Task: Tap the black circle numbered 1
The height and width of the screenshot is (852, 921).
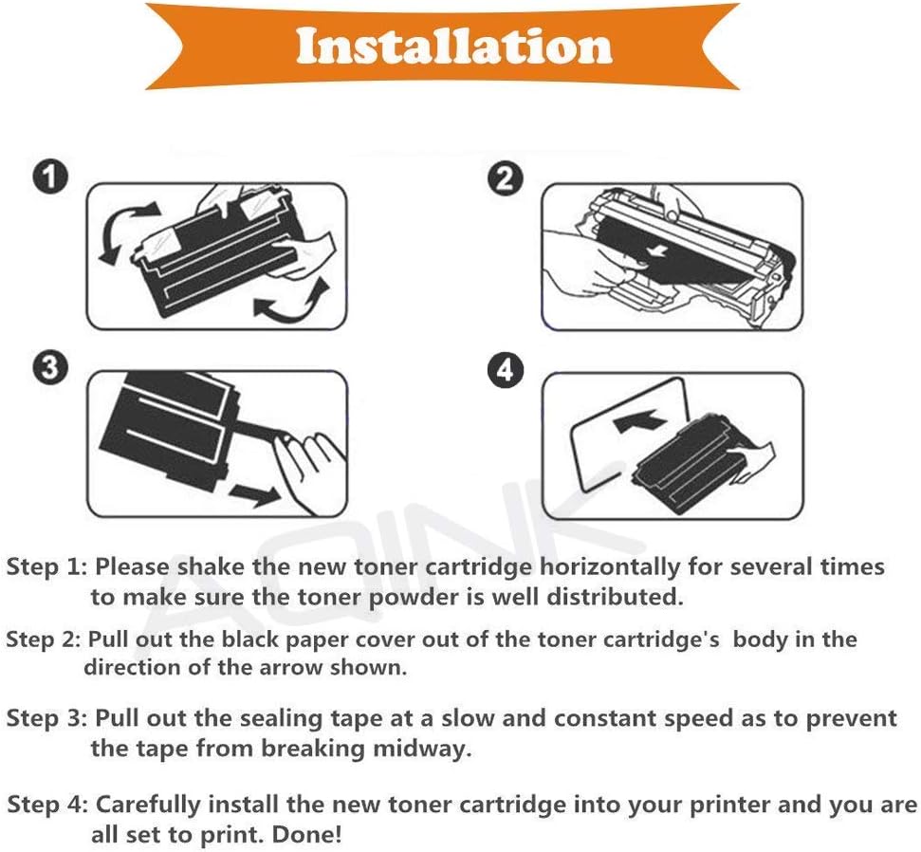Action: [50, 176]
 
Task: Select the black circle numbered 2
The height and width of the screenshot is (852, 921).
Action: [506, 178]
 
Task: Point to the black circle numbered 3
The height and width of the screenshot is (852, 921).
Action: [50, 368]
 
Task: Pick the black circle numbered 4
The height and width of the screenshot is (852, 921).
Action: [506, 371]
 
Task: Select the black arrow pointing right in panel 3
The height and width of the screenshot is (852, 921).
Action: [255, 494]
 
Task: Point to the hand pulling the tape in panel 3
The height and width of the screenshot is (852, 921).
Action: [308, 470]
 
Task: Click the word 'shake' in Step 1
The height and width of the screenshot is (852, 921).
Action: [211, 566]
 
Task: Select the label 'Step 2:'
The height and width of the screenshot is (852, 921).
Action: [44, 639]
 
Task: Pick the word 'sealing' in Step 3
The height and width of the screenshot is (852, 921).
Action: [282, 718]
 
